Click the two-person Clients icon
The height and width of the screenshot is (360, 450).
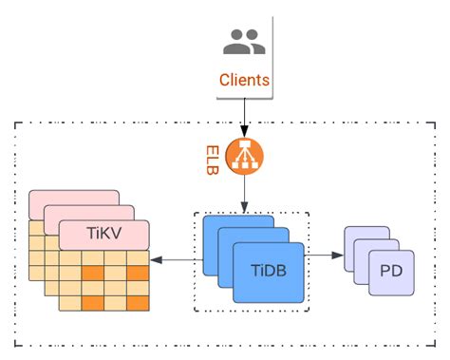pyautogui.click(x=244, y=41)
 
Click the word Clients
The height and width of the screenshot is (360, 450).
pyautogui.click(x=244, y=81)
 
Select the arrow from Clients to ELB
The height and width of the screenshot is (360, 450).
pyautogui.click(x=244, y=117)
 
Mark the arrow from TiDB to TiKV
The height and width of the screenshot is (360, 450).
pyautogui.click(x=176, y=259)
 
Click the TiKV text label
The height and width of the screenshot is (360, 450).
pyautogui.click(x=103, y=234)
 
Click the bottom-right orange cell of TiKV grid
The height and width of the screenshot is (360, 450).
pyautogui.click(x=138, y=303)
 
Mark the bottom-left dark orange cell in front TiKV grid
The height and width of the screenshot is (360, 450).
pyautogui.click(x=92, y=303)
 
